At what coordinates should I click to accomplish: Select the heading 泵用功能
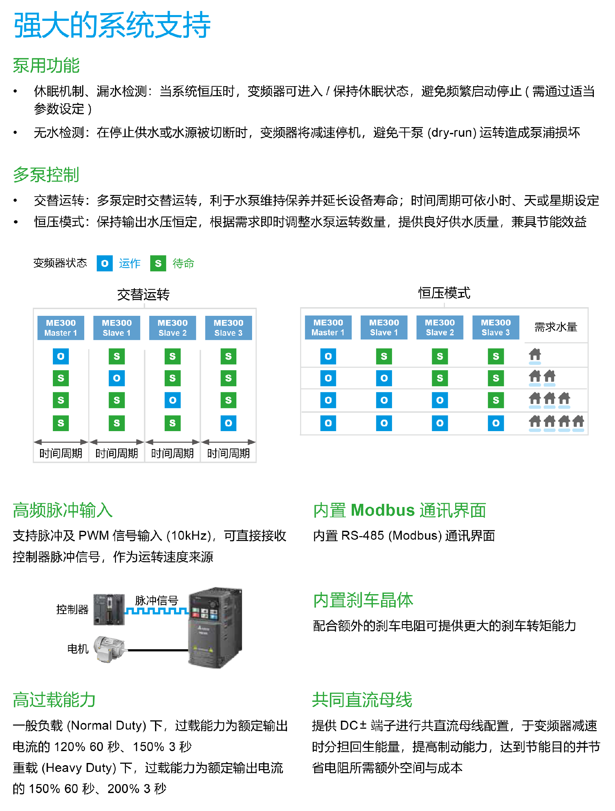click(46, 66)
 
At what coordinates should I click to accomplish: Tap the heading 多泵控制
click(46, 175)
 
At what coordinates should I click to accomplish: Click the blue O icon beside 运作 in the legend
click(104, 263)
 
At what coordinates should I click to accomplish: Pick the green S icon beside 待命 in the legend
click(158, 263)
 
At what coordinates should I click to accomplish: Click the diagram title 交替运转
click(143, 294)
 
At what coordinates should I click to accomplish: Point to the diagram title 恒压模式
click(444, 293)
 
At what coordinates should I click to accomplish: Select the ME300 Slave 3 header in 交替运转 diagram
click(228, 328)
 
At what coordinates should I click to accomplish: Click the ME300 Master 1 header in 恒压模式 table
click(328, 327)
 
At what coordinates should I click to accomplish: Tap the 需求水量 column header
click(556, 327)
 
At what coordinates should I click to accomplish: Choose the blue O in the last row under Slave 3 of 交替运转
click(228, 423)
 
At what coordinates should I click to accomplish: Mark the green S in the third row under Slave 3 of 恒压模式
click(496, 400)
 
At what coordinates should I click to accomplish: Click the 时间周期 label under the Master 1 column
click(61, 454)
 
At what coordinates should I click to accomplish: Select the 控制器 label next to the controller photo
click(72, 609)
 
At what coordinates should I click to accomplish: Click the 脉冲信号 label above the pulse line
click(157, 600)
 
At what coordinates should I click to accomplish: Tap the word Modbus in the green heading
click(382, 510)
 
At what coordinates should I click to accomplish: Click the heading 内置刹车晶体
click(363, 600)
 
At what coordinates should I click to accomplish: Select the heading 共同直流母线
click(362, 700)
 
